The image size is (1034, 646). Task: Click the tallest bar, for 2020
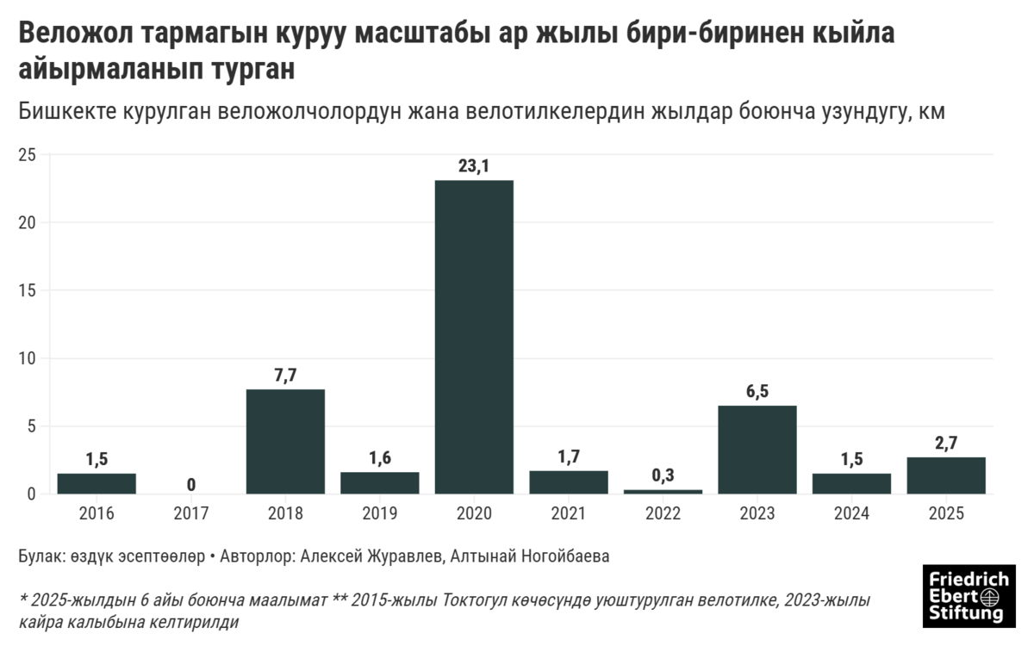(x=474, y=337)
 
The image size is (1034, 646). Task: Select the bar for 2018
(x=285, y=441)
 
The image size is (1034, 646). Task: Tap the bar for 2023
(x=757, y=449)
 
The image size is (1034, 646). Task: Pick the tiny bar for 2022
(x=663, y=491)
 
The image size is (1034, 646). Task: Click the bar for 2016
(x=97, y=483)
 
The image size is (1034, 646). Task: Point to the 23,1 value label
(x=474, y=166)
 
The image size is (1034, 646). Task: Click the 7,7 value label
(x=285, y=376)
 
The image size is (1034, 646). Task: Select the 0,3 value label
(x=663, y=475)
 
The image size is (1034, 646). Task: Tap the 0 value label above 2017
(x=190, y=485)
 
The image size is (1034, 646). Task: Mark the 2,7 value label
(x=946, y=443)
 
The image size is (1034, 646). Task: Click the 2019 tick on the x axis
(x=380, y=513)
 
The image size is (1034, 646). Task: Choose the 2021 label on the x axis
(x=569, y=513)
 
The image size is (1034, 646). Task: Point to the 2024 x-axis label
(x=851, y=513)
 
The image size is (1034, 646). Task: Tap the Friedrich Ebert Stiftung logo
(x=969, y=595)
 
